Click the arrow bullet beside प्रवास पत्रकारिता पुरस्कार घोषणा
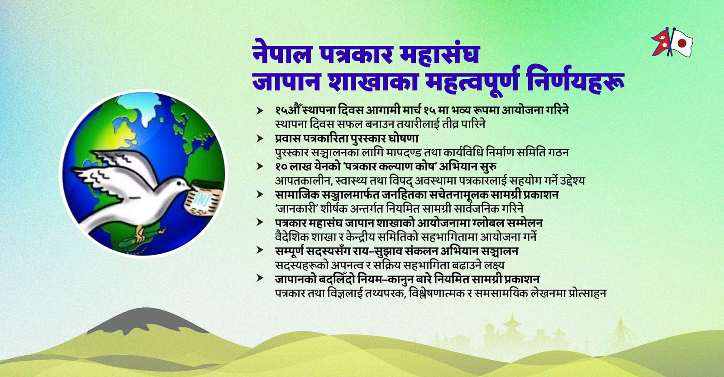coord(260,138)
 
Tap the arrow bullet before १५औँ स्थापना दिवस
coord(260,110)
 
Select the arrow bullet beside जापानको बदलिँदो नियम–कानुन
coord(260,279)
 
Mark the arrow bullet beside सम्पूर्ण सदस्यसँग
coord(260,251)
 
